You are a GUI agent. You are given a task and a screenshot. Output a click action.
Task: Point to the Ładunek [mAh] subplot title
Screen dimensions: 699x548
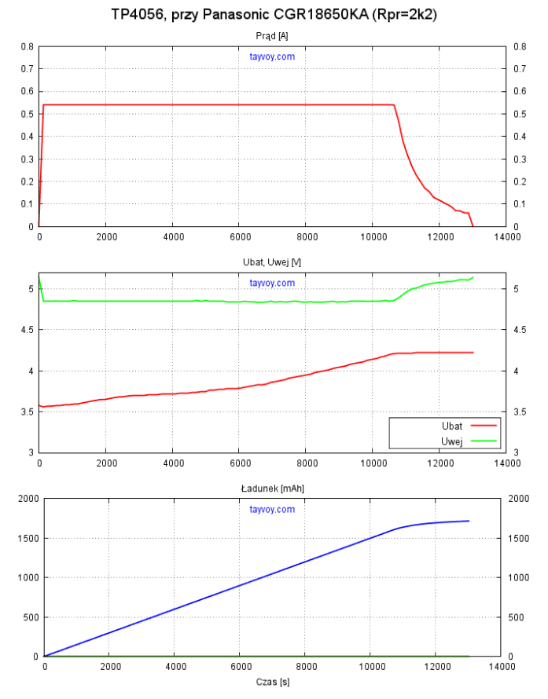coord(272,488)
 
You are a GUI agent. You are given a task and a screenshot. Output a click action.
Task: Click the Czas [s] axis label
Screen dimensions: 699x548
coord(272,682)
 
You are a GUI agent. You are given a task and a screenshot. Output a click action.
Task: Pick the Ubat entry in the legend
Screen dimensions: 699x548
coord(452,425)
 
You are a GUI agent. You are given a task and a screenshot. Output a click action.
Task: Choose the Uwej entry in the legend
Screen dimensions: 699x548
coord(452,441)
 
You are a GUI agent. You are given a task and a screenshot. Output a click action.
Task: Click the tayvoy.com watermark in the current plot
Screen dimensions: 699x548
coord(272,57)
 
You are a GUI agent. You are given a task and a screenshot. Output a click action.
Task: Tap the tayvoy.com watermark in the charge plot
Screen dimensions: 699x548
coord(272,509)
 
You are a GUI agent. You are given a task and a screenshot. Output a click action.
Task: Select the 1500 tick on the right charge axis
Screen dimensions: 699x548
coord(520,538)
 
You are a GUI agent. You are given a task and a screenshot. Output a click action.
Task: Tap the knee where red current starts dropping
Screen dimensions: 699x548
coord(393,105)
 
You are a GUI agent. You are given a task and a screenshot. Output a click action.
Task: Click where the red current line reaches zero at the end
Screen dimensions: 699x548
coord(473,226)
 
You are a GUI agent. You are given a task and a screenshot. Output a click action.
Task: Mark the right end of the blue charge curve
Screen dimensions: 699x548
coord(469,521)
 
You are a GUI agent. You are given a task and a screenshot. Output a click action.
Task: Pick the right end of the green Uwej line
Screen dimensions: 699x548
coord(473,277)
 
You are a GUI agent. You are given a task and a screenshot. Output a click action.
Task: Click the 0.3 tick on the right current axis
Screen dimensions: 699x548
coord(518,159)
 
